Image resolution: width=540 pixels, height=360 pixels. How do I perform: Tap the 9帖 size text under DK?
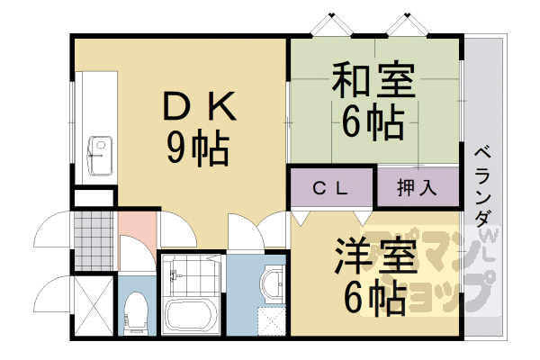click(197, 146)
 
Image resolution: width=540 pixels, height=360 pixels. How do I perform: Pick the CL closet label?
click(330, 188)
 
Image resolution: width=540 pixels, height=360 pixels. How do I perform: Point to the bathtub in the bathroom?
click(190, 317)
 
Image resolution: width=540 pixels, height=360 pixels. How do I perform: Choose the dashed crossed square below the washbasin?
click(271, 320)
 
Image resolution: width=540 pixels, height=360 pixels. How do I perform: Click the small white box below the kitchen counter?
click(94, 197)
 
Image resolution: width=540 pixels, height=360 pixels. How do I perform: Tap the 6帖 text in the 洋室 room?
click(372, 297)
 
